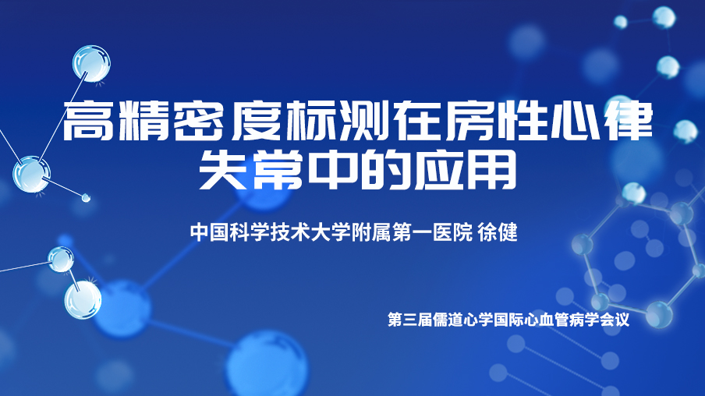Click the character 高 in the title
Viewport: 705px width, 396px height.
[87, 121]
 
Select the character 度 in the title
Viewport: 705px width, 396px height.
[257, 121]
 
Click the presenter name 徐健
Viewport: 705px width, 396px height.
[498, 232]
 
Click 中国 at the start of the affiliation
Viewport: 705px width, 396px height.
[210, 232]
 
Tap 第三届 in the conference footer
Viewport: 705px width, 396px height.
[409, 320]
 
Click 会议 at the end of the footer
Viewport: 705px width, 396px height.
[615, 320]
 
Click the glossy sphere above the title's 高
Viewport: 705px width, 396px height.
[92, 64]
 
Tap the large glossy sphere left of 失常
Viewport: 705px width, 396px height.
[31, 175]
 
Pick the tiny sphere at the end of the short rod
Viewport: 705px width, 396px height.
[86, 197]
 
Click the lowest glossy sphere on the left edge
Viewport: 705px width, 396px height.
[83, 299]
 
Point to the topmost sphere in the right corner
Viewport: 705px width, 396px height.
[664, 17]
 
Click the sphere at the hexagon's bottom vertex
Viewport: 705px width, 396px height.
[659, 314]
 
